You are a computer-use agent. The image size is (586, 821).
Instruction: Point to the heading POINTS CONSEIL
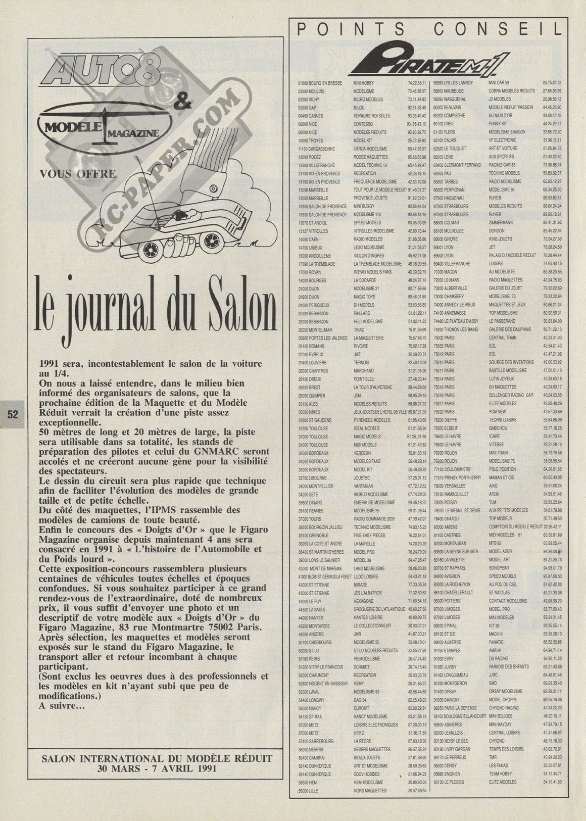click(430, 30)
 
